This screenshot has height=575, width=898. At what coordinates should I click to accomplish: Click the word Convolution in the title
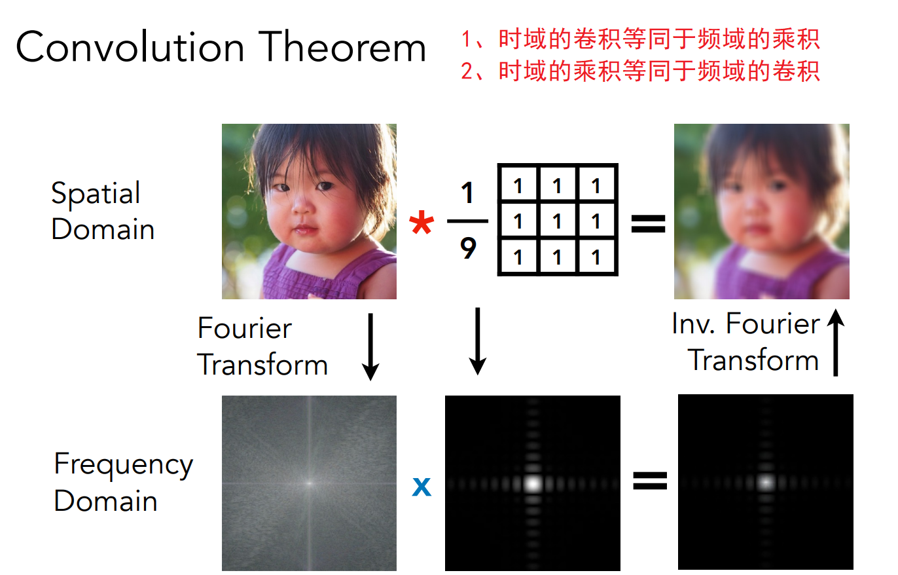130,47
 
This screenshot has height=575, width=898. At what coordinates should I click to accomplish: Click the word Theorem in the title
342,47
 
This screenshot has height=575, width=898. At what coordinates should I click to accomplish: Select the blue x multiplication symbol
422,487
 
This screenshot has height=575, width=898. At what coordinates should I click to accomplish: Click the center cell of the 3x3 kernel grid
557,221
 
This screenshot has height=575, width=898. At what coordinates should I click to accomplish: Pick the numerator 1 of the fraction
467,193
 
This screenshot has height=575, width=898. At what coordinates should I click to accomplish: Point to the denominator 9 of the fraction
468,248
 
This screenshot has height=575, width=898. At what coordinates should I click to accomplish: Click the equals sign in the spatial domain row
648,223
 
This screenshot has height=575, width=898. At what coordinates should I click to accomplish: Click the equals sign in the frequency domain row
650,480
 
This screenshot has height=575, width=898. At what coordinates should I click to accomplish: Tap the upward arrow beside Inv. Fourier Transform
836,343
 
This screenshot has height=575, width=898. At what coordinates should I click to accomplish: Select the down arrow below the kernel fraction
477,341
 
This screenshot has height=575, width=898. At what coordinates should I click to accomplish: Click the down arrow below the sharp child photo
370,346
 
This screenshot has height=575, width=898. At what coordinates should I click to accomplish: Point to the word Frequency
124,465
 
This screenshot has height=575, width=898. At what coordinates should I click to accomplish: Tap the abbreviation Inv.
694,324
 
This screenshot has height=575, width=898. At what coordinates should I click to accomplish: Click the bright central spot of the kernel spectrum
533,483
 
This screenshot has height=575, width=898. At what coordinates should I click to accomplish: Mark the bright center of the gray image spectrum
309,483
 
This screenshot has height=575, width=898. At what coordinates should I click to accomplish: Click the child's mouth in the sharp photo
304,230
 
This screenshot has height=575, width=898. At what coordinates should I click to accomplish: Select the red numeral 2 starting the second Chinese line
467,72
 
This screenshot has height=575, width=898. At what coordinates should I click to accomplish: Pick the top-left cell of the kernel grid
518,185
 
